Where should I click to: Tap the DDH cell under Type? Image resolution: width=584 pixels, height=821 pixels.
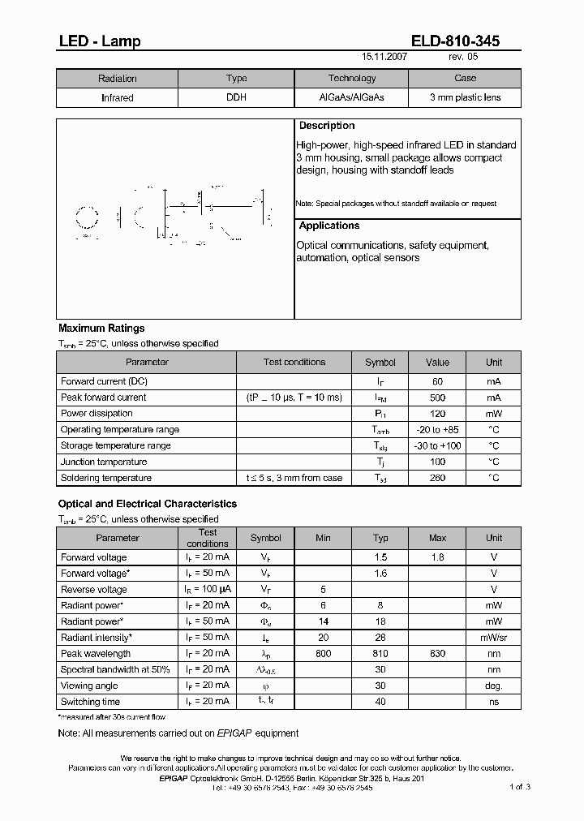[x=236, y=97]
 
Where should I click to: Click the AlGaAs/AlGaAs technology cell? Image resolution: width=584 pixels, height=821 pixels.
[x=351, y=97]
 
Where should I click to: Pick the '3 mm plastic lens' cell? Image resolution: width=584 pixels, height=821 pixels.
[x=465, y=97]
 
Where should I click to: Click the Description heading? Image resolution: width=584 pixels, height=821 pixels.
[x=327, y=126]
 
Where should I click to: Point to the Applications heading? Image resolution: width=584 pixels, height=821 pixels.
[x=329, y=226]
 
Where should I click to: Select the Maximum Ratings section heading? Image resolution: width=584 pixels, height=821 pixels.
[x=101, y=329]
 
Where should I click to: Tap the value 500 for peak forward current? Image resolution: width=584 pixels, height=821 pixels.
[x=437, y=398]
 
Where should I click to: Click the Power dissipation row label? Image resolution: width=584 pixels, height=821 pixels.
[x=97, y=413]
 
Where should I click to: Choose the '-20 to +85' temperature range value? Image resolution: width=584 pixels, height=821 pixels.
[x=437, y=429]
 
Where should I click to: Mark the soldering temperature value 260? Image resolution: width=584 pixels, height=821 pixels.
[x=437, y=478]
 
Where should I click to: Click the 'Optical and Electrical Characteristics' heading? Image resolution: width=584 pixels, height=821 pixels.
[x=148, y=504]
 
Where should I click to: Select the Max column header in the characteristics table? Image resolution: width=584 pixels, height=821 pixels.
[x=438, y=538]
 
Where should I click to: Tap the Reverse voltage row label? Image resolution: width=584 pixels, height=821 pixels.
[x=94, y=590]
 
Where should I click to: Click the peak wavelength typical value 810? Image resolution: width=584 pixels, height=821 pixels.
[x=380, y=653]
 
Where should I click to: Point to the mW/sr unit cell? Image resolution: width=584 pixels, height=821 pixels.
[x=494, y=638]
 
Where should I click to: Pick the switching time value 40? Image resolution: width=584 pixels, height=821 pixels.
[x=380, y=702]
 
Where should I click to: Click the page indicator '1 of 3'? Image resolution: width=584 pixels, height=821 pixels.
[x=520, y=787]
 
